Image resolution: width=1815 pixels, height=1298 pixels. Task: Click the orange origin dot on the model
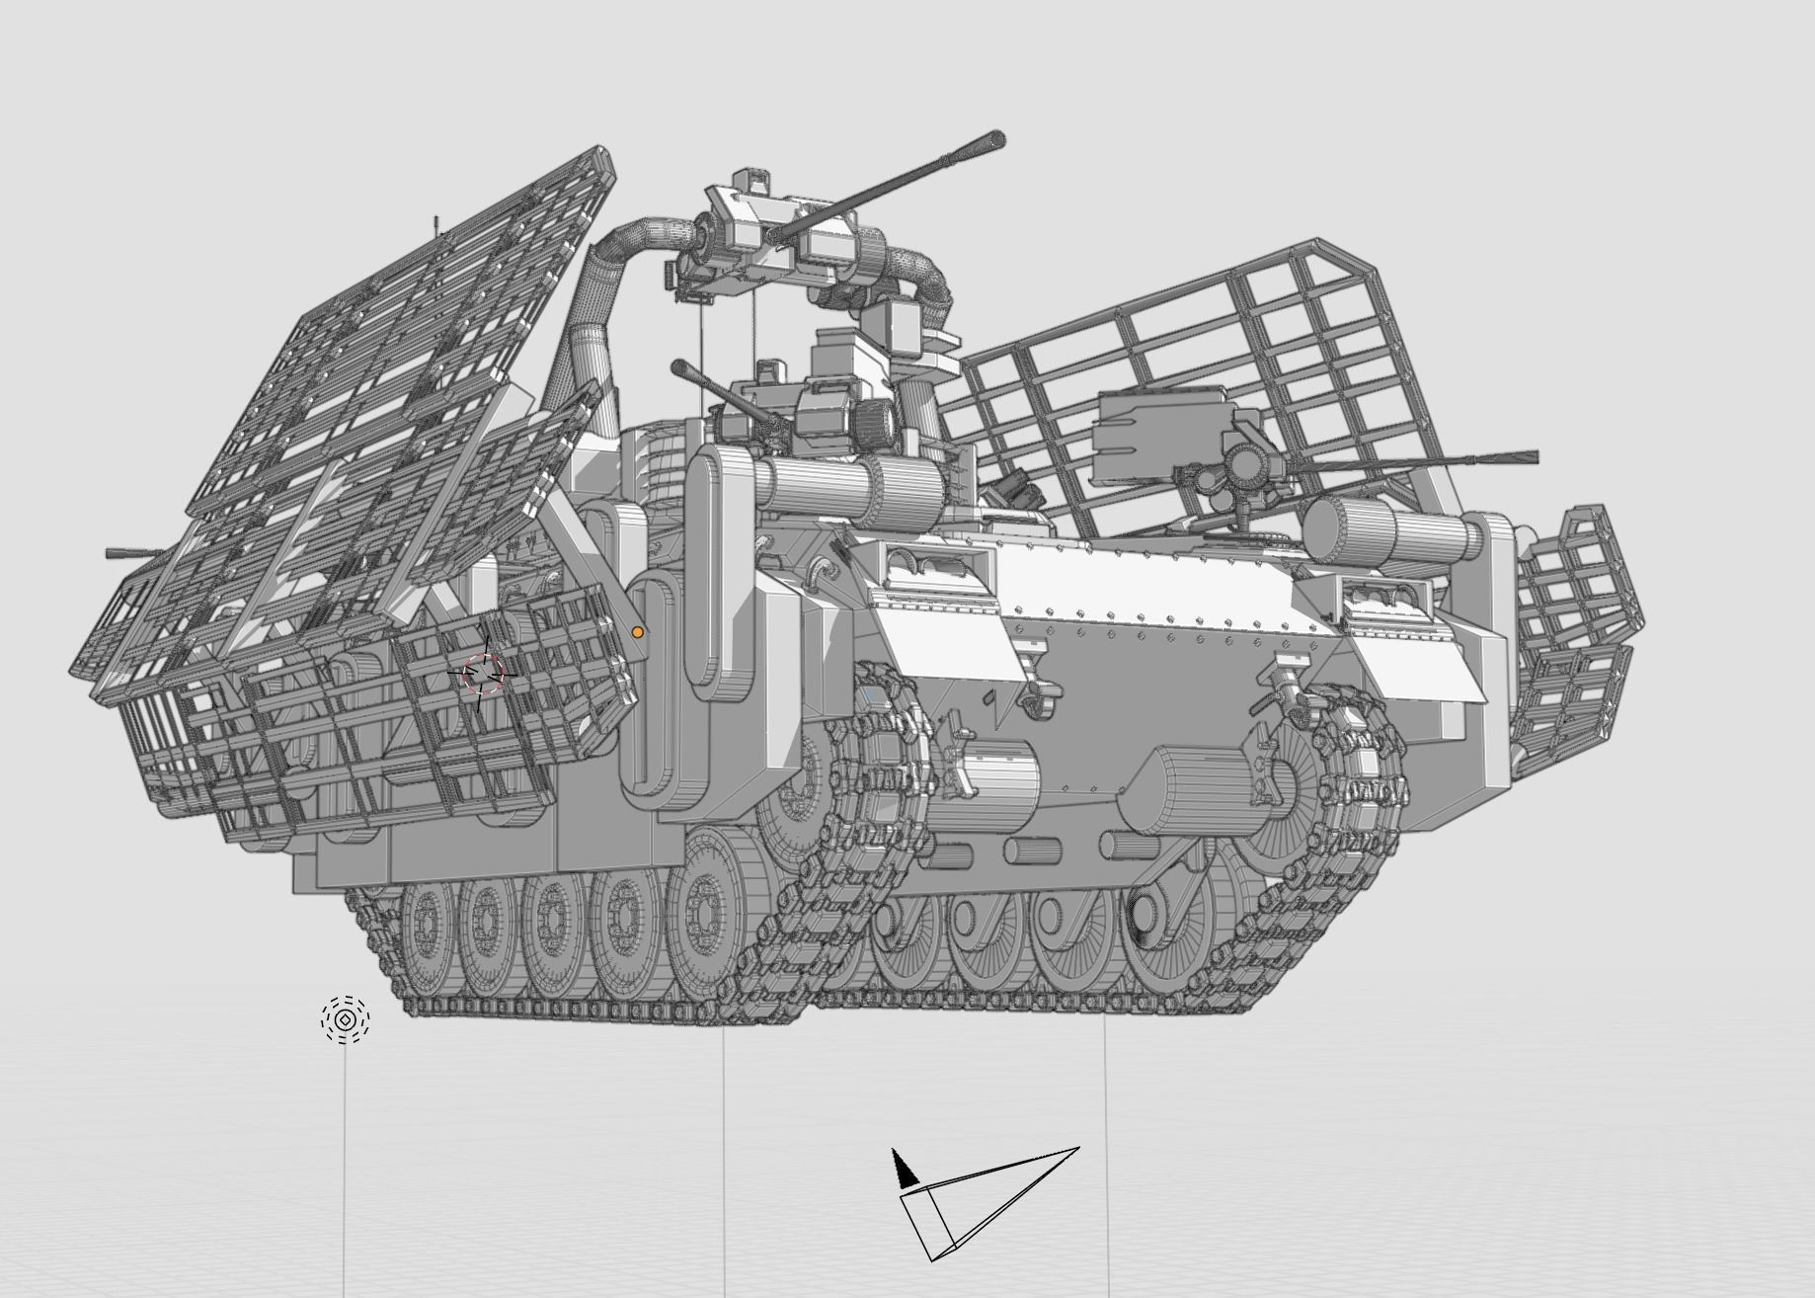click(x=638, y=632)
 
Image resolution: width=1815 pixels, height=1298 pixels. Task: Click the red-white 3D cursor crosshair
click(x=483, y=673)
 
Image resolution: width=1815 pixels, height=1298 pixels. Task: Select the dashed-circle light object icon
click(x=345, y=1019)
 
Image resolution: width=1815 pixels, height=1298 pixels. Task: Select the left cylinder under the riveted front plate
click(x=987, y=785)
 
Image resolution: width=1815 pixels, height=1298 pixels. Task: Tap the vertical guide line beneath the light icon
click(x=345, y=1166)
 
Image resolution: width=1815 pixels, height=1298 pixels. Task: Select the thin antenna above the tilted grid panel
click(x=435, y=226)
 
